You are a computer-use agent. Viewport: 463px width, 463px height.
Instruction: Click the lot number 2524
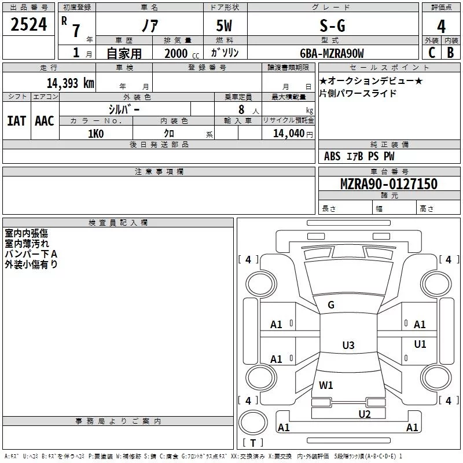tap(28, 24)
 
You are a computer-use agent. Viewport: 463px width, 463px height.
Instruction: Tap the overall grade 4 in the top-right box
tap(441, 27)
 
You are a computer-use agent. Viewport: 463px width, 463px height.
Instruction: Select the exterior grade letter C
tap(431, 53)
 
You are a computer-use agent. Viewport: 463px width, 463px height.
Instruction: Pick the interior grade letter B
tap(450, 53)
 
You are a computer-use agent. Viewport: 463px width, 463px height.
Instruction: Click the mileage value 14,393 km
tap(70, 83)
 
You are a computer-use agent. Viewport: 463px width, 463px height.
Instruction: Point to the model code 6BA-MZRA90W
tap(332, 53)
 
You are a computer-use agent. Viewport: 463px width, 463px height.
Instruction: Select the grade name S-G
tap(332, 25)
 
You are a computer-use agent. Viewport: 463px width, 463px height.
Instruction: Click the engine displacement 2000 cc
tap(182, 54)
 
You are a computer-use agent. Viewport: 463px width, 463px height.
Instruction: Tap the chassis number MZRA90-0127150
tap(388, 183)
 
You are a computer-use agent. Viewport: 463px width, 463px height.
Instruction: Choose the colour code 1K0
tap(96, 134)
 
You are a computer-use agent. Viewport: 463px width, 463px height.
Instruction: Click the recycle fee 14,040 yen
tap(293, 134)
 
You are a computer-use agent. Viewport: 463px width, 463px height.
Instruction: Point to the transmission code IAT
tap(16, 121)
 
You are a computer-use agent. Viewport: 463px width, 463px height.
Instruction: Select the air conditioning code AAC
tap(45, 121)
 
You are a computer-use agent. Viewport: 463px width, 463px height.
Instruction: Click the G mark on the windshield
tap(331, 305)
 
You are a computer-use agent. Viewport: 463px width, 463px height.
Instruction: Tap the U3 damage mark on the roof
tap(348, 345)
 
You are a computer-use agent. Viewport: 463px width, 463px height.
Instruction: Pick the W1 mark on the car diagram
tap(326, 385)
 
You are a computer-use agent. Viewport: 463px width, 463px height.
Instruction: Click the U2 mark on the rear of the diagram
tap(365, 414)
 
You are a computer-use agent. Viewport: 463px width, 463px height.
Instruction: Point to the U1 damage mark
tap(420, 344)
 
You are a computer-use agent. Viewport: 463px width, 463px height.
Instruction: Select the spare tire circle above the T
tap(253, 422)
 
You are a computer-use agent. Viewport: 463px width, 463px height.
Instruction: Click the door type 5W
tap(224, 25)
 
